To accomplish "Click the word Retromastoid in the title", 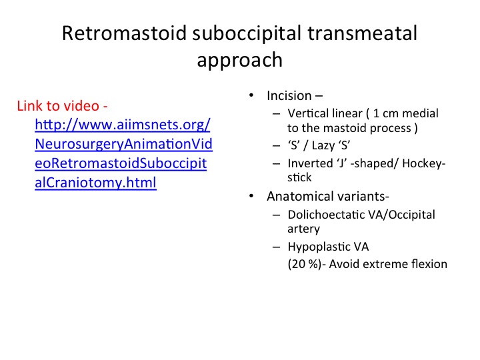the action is click(x=124, y=33).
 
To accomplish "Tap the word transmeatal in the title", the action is click(x=362, y=33).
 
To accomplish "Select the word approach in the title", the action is click(x=240, y=60).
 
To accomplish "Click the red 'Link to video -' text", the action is click(x=63, y=106).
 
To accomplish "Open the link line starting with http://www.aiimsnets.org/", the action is click(x=123, y=125).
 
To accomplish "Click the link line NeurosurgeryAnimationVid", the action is click(x=124, y=144).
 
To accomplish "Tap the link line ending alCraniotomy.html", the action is click(x=95, y=183).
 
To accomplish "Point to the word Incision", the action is click(x=289, y=95).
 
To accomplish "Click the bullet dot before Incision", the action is click(x=251, y=95).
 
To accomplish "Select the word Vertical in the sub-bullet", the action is click(x=310, y=113).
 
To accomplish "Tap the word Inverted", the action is click(x=310, y=163).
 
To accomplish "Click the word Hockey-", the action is click(x=424, y=163).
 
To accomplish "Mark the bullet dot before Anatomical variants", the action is click(x=251, y=196).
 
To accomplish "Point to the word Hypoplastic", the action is click(x=319, y=247).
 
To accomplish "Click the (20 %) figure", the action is click(x=305, y=264).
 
